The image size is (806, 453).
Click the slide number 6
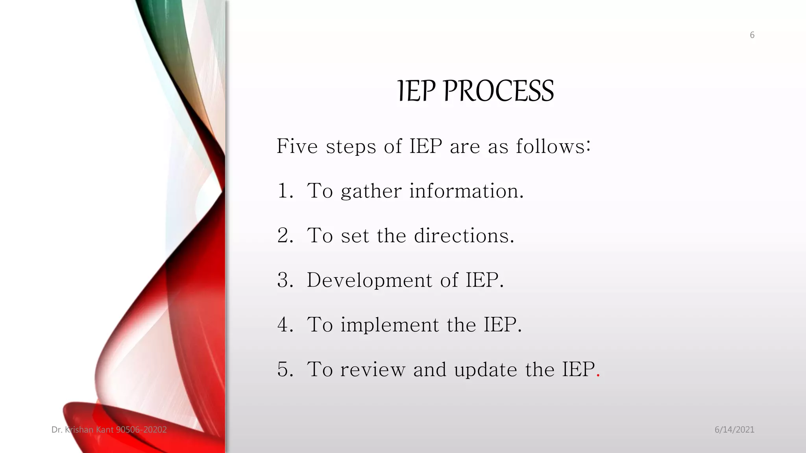point(752,35)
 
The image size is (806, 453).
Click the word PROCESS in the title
point(499,91)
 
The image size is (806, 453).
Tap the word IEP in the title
point(416,91)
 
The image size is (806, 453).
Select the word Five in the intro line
point(297,146)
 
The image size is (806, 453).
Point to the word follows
point(553,146)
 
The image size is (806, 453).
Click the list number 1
point(284,191)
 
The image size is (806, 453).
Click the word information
point(466,191)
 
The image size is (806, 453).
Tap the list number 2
point(284,236)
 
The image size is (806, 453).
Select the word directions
point(464,236)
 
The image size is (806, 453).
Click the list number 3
point(284,280)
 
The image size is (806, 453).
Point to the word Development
point(369,280)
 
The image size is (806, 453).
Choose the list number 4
point(284,325)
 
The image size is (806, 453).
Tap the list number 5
point(284,370)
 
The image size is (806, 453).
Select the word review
point(373,370)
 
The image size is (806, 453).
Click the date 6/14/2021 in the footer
point(734,430)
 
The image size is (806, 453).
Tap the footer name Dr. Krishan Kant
point(83,430)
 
